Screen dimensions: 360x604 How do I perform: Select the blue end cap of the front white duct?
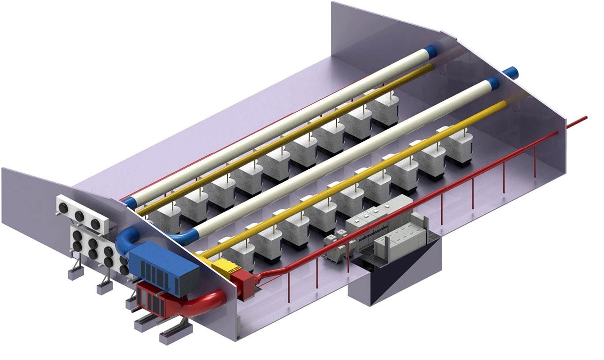493,83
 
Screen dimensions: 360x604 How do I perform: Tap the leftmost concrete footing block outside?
75,273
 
